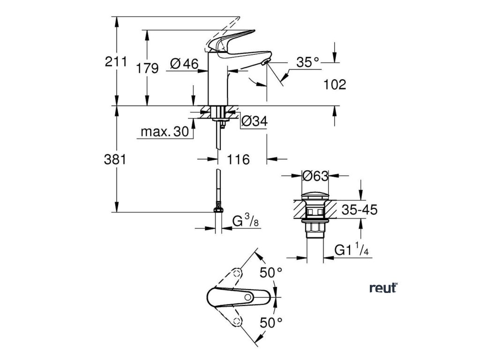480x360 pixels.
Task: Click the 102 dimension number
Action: click(334, 84)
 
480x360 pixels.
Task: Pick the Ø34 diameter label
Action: click(254, 122)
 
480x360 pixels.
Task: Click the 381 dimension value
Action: click(115, 159)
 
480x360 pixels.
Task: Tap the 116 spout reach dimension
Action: click(239, 159)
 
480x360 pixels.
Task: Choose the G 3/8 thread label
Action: click(246, 220)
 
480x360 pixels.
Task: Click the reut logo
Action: click(383, 288)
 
